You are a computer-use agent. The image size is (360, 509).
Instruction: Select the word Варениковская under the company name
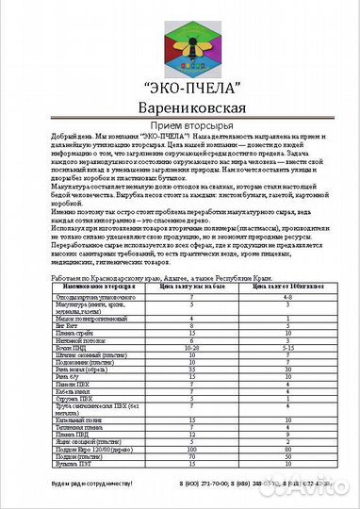pos(181,109)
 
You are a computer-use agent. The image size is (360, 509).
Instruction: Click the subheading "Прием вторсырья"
pos(181,130)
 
